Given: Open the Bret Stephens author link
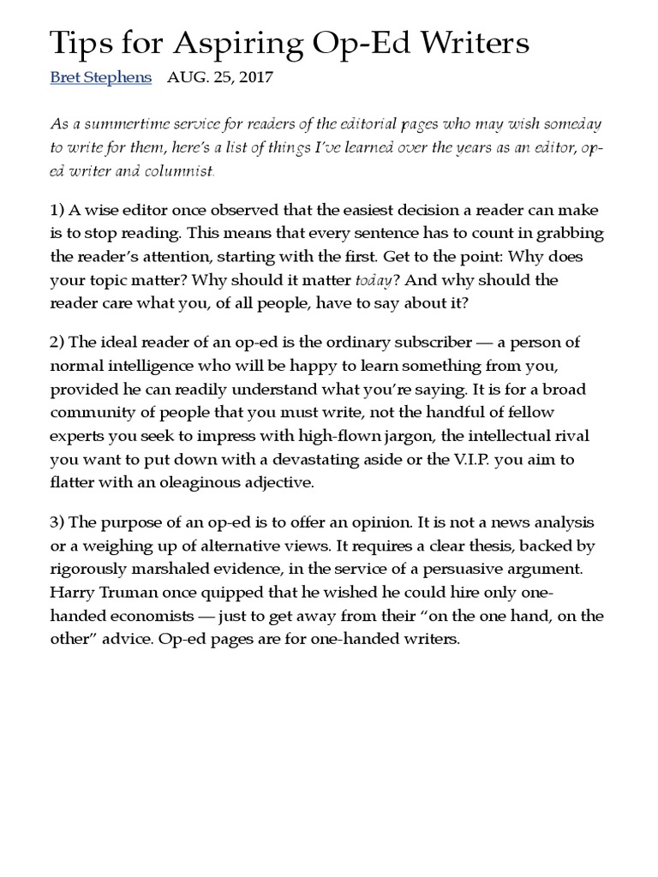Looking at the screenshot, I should click(101, 77).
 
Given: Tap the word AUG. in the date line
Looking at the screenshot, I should click(187, 77).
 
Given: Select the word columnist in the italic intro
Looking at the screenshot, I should click(182, 171).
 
